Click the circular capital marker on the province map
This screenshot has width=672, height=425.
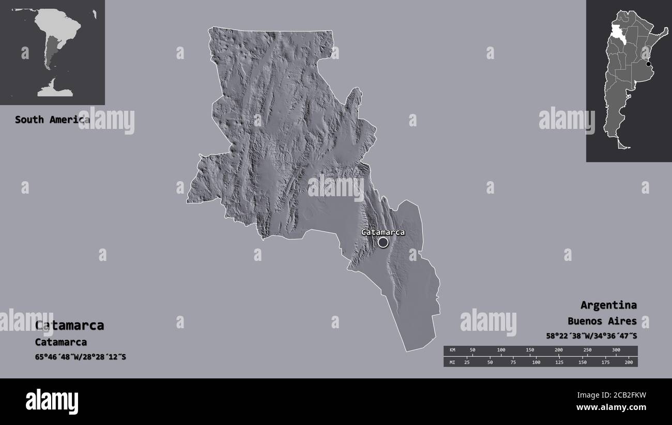[x=383, y=242]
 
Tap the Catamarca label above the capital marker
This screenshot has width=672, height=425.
[x=383, y=232]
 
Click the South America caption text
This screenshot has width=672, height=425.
[x=52, y=120]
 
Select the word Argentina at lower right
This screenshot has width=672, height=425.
[x=608, y=305]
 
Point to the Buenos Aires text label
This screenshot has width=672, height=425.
[x=602, y=321]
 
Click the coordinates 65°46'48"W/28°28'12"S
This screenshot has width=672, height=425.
[x=80, y=357]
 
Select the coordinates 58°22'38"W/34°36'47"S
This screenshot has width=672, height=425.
[x=591, y=336]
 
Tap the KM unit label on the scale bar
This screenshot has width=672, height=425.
[x=452, y=350]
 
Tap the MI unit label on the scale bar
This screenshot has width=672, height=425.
[x=452, y=362]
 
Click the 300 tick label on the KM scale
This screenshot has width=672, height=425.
[x=616, y=350]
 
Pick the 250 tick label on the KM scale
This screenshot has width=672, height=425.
[x=587, y=350]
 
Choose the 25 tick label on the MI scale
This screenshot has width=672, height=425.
[x=467, y=362]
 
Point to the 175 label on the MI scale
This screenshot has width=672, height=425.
[x=605, y=362]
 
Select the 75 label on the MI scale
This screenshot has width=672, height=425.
[x=513, y=362]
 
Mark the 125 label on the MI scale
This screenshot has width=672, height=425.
[x=559, y=362]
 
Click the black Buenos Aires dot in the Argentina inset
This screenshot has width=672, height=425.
[x=649, y=64]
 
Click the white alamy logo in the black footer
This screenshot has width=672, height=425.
[x=52, y=401]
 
